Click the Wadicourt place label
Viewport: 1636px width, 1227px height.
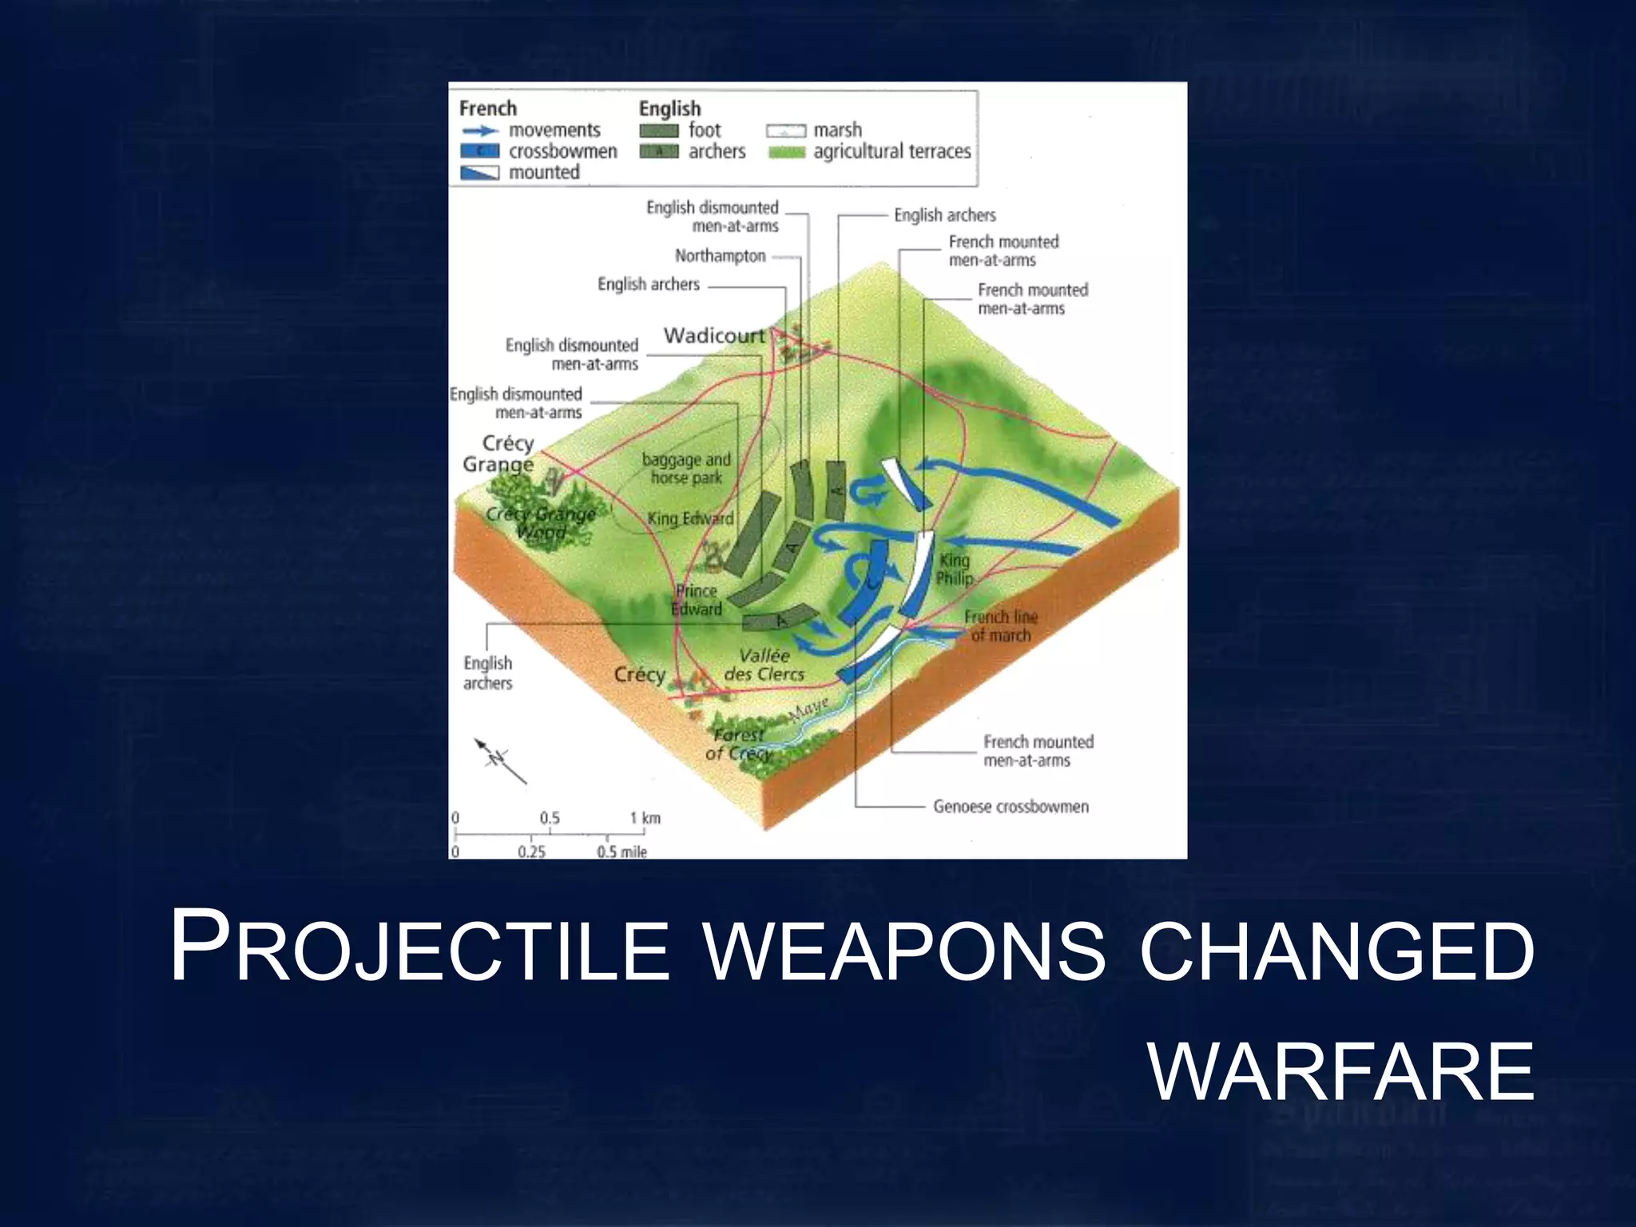(713, 336)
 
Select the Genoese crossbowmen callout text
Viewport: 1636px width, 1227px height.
(1011, 807)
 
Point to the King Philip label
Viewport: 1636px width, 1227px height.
(955, 569)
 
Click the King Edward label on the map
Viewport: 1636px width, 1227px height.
(690, 518)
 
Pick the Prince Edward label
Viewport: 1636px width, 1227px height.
(697, 600)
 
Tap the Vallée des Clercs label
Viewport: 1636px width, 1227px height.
(764, 665)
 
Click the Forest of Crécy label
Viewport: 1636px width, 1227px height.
(739, 744)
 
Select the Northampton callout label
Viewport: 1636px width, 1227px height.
(720, 256)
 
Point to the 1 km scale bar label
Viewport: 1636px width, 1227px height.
(645, 818)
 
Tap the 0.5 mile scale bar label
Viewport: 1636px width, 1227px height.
(621, 852)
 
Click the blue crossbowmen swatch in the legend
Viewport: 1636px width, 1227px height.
(479, 151)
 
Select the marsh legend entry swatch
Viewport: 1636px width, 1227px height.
(785, 130)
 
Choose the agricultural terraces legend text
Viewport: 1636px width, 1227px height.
(891, 151)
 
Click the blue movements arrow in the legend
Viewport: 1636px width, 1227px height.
(479, 130)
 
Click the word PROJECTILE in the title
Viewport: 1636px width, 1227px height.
(419, 948)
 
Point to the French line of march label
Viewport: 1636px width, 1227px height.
(1000, 626)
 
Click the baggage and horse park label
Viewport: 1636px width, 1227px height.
(686, 469)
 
